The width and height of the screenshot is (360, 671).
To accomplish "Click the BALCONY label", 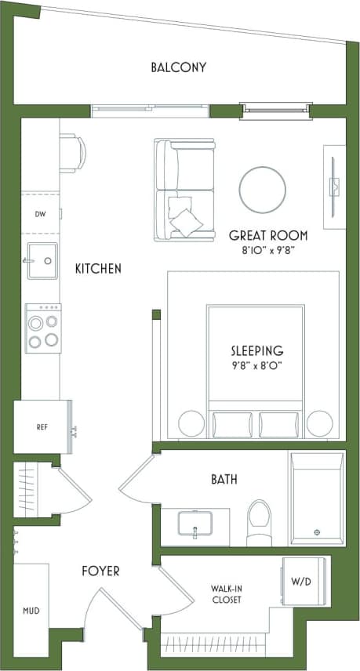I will point(178,67).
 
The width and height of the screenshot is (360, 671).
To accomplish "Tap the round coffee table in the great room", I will point(262,189).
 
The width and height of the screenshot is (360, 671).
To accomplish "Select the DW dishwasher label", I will point(41,213).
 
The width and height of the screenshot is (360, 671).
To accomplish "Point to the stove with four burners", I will point(42,327).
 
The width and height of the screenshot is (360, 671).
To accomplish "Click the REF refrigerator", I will point(42,427).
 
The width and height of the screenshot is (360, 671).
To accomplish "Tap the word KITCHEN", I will point(98,269).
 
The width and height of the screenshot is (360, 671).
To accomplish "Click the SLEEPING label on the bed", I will point(256,350).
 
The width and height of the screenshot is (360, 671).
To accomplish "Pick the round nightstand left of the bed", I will point(191,424).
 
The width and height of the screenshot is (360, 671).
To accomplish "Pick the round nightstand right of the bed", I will point(319,424).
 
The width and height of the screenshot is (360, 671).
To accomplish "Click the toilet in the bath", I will point(259,523).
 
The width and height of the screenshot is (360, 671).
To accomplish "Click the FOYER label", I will point(100,571).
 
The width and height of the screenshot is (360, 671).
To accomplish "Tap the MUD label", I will point(31,611).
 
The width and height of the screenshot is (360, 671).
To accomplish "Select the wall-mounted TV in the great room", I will point(333,187).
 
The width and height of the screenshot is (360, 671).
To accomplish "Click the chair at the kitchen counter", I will point(71,152).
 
